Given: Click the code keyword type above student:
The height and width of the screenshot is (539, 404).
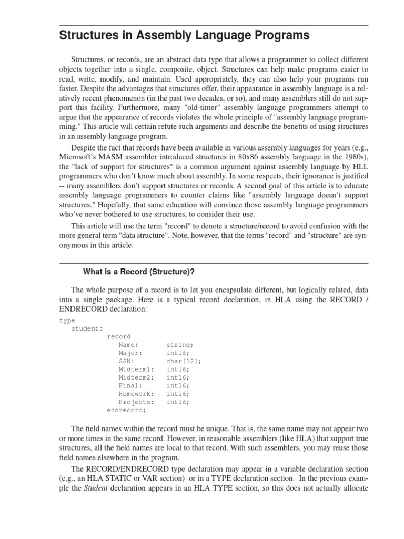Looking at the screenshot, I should tap(67, 320).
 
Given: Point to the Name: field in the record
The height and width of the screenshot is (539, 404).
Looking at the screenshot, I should tap(129, 345).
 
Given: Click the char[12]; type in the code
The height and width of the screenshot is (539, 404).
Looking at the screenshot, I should tap(184, 361).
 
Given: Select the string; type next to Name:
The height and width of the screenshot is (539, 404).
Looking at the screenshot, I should tap(180, 345).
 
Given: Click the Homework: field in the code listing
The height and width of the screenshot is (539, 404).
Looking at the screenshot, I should tap(136, 394).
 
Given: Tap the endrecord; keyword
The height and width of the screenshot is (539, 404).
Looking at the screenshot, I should tap(127, 410).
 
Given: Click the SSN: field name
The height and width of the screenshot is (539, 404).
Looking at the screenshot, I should tap(127, 361).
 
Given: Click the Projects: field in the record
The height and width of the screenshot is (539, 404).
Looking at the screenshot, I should tap(136, 402).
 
